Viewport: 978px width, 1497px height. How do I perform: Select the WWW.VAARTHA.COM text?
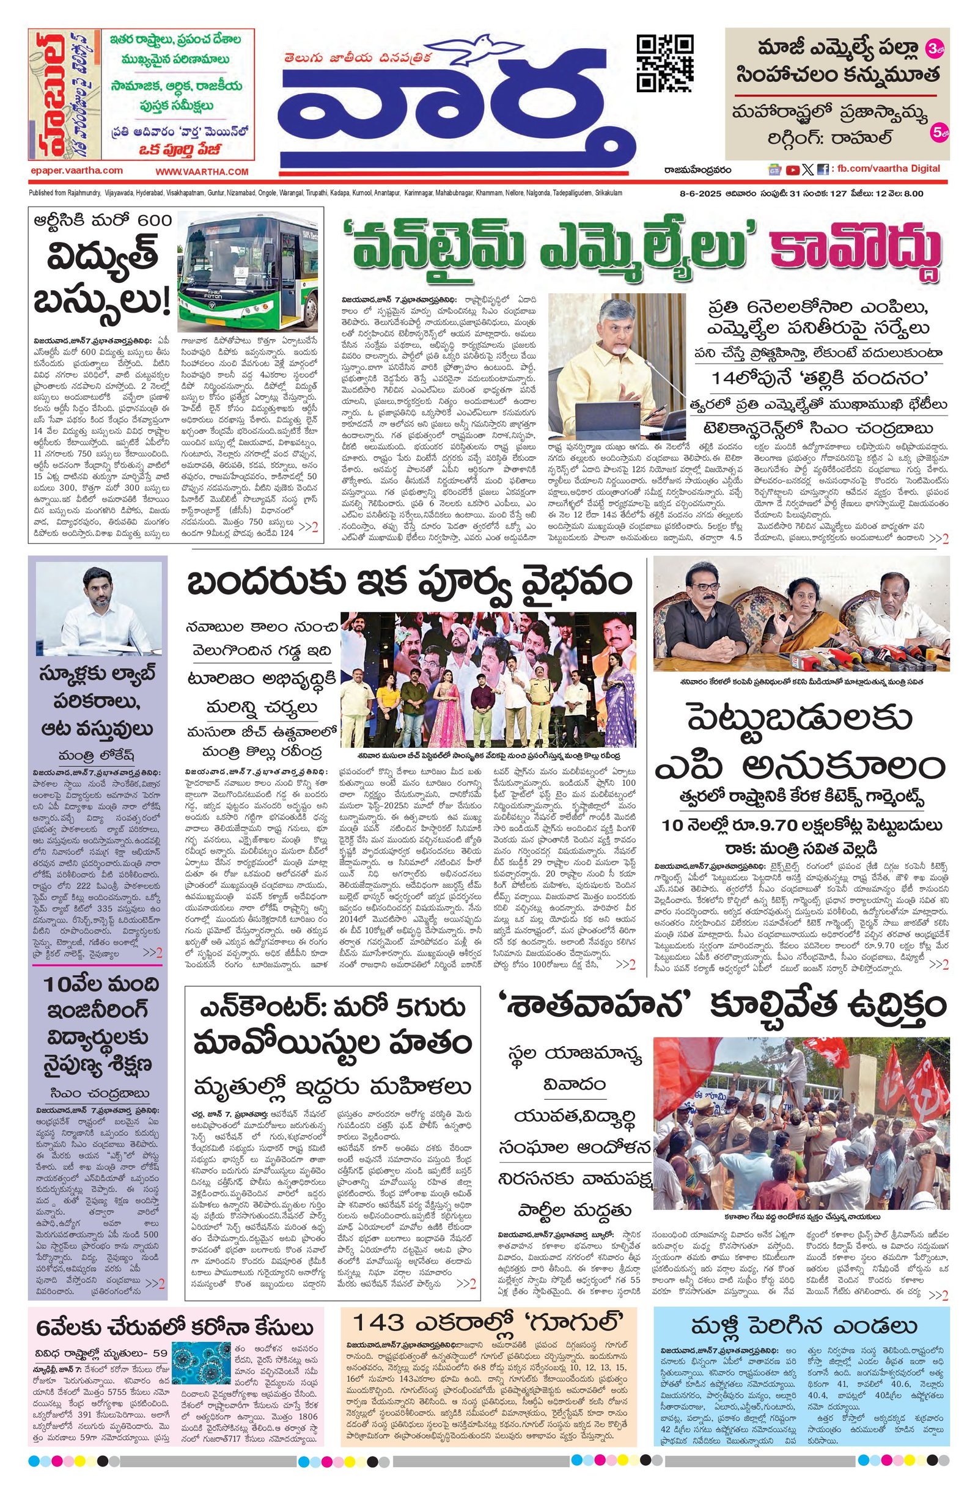click(202, 171)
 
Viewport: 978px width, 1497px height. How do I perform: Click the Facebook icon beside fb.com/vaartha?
click(822, 169)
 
